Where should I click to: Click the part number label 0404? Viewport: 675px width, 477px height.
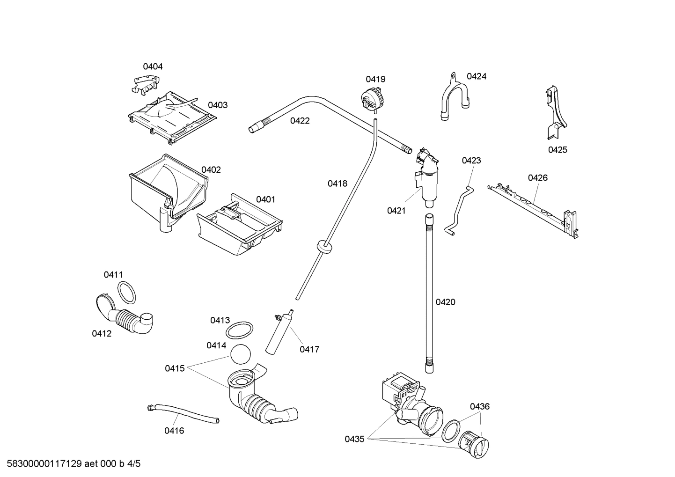(x=153, y=66)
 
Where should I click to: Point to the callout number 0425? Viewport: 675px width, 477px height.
(x=558, y=150)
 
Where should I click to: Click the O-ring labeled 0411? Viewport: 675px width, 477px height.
(x=126, y=293)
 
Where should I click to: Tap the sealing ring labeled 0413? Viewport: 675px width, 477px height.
(x=240, y=330)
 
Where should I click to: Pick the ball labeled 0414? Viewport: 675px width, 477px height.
(x=241, y=354)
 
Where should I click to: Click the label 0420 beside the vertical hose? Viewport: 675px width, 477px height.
(x=445, y=302)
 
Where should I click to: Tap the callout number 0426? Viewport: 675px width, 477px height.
(x=537, y=177)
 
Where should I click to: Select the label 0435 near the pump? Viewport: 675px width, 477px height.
(x=354, y=439)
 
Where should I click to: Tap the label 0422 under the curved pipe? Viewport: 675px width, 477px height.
(x=300, y=121)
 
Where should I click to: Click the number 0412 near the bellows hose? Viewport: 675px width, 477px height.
(x=102, y=334)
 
